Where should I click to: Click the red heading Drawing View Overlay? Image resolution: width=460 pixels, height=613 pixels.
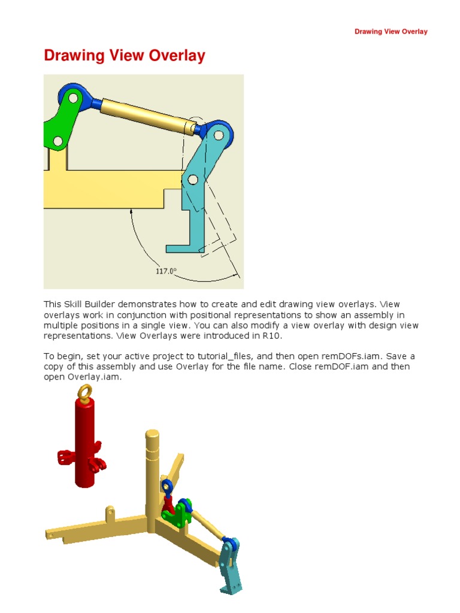125,56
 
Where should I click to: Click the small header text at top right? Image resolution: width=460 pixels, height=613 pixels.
391,32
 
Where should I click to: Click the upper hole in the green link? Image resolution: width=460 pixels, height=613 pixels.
72,98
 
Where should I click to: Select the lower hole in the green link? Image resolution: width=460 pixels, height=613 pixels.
57,141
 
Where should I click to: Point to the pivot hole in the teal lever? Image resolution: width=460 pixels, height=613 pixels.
192,180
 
